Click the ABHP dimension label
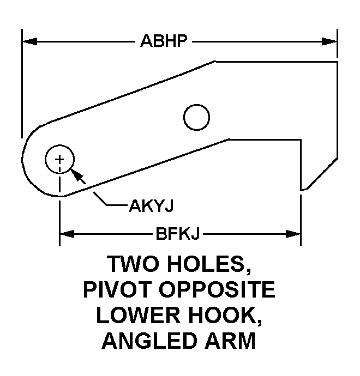click(164, 41)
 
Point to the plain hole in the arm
click(196, 117)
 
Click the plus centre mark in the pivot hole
click(59, 160)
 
